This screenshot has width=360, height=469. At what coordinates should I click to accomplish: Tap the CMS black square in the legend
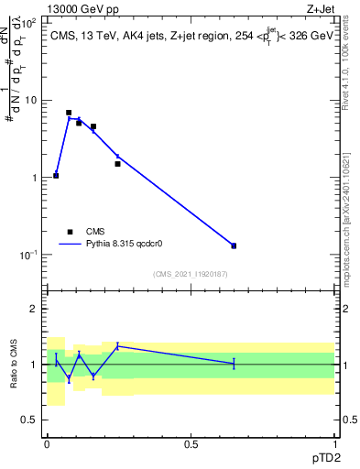coord(69,232)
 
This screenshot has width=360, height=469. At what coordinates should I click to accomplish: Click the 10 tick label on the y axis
coord(33,100)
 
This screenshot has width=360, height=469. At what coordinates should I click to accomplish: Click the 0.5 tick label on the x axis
coord(191,443)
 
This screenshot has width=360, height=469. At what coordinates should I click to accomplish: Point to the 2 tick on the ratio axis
coord(37,309)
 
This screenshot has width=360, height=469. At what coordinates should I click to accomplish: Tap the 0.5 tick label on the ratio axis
coord(33,420)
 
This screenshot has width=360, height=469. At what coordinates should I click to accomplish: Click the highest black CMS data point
coord(69,113)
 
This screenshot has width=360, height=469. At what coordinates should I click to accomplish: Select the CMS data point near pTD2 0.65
coord(234,245)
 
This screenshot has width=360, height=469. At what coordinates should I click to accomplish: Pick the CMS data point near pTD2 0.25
coord(117,164)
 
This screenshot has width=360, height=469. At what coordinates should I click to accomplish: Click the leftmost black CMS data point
coord(56,175)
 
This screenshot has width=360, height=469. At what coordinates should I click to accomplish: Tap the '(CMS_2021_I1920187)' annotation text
coord(191,274)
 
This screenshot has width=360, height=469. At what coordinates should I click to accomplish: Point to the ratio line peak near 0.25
coord(117,345)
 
